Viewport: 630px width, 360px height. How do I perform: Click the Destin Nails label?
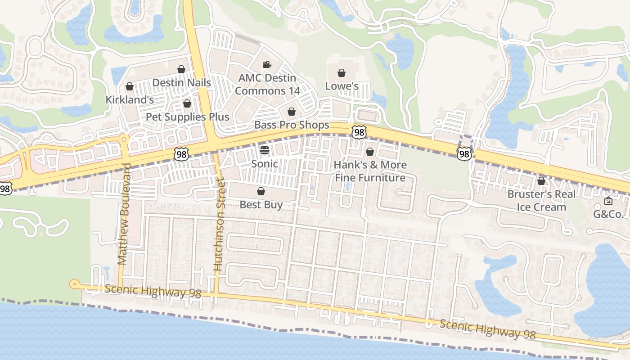181,83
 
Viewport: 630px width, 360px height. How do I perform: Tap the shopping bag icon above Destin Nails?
181,69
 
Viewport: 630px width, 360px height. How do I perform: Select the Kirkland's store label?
130,99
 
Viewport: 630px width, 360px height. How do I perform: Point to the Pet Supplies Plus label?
187,117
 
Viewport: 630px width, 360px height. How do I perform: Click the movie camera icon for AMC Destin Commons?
267,64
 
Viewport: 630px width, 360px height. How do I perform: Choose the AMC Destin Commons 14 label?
267,84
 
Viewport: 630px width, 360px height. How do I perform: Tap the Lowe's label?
342,85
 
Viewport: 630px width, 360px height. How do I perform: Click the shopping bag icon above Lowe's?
342,72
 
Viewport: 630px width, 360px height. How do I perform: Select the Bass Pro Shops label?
292,125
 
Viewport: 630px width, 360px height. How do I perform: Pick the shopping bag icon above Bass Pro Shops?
292,112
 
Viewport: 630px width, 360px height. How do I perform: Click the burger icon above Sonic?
264,150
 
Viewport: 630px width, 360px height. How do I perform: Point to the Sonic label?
264,163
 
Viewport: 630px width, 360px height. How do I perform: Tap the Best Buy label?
261,205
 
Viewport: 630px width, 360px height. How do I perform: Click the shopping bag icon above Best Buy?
261,191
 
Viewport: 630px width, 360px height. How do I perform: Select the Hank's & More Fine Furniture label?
370,171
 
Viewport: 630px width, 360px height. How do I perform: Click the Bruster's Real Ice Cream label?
541,201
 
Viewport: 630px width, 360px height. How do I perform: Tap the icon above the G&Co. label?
608,201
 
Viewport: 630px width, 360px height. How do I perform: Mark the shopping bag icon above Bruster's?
541,181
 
